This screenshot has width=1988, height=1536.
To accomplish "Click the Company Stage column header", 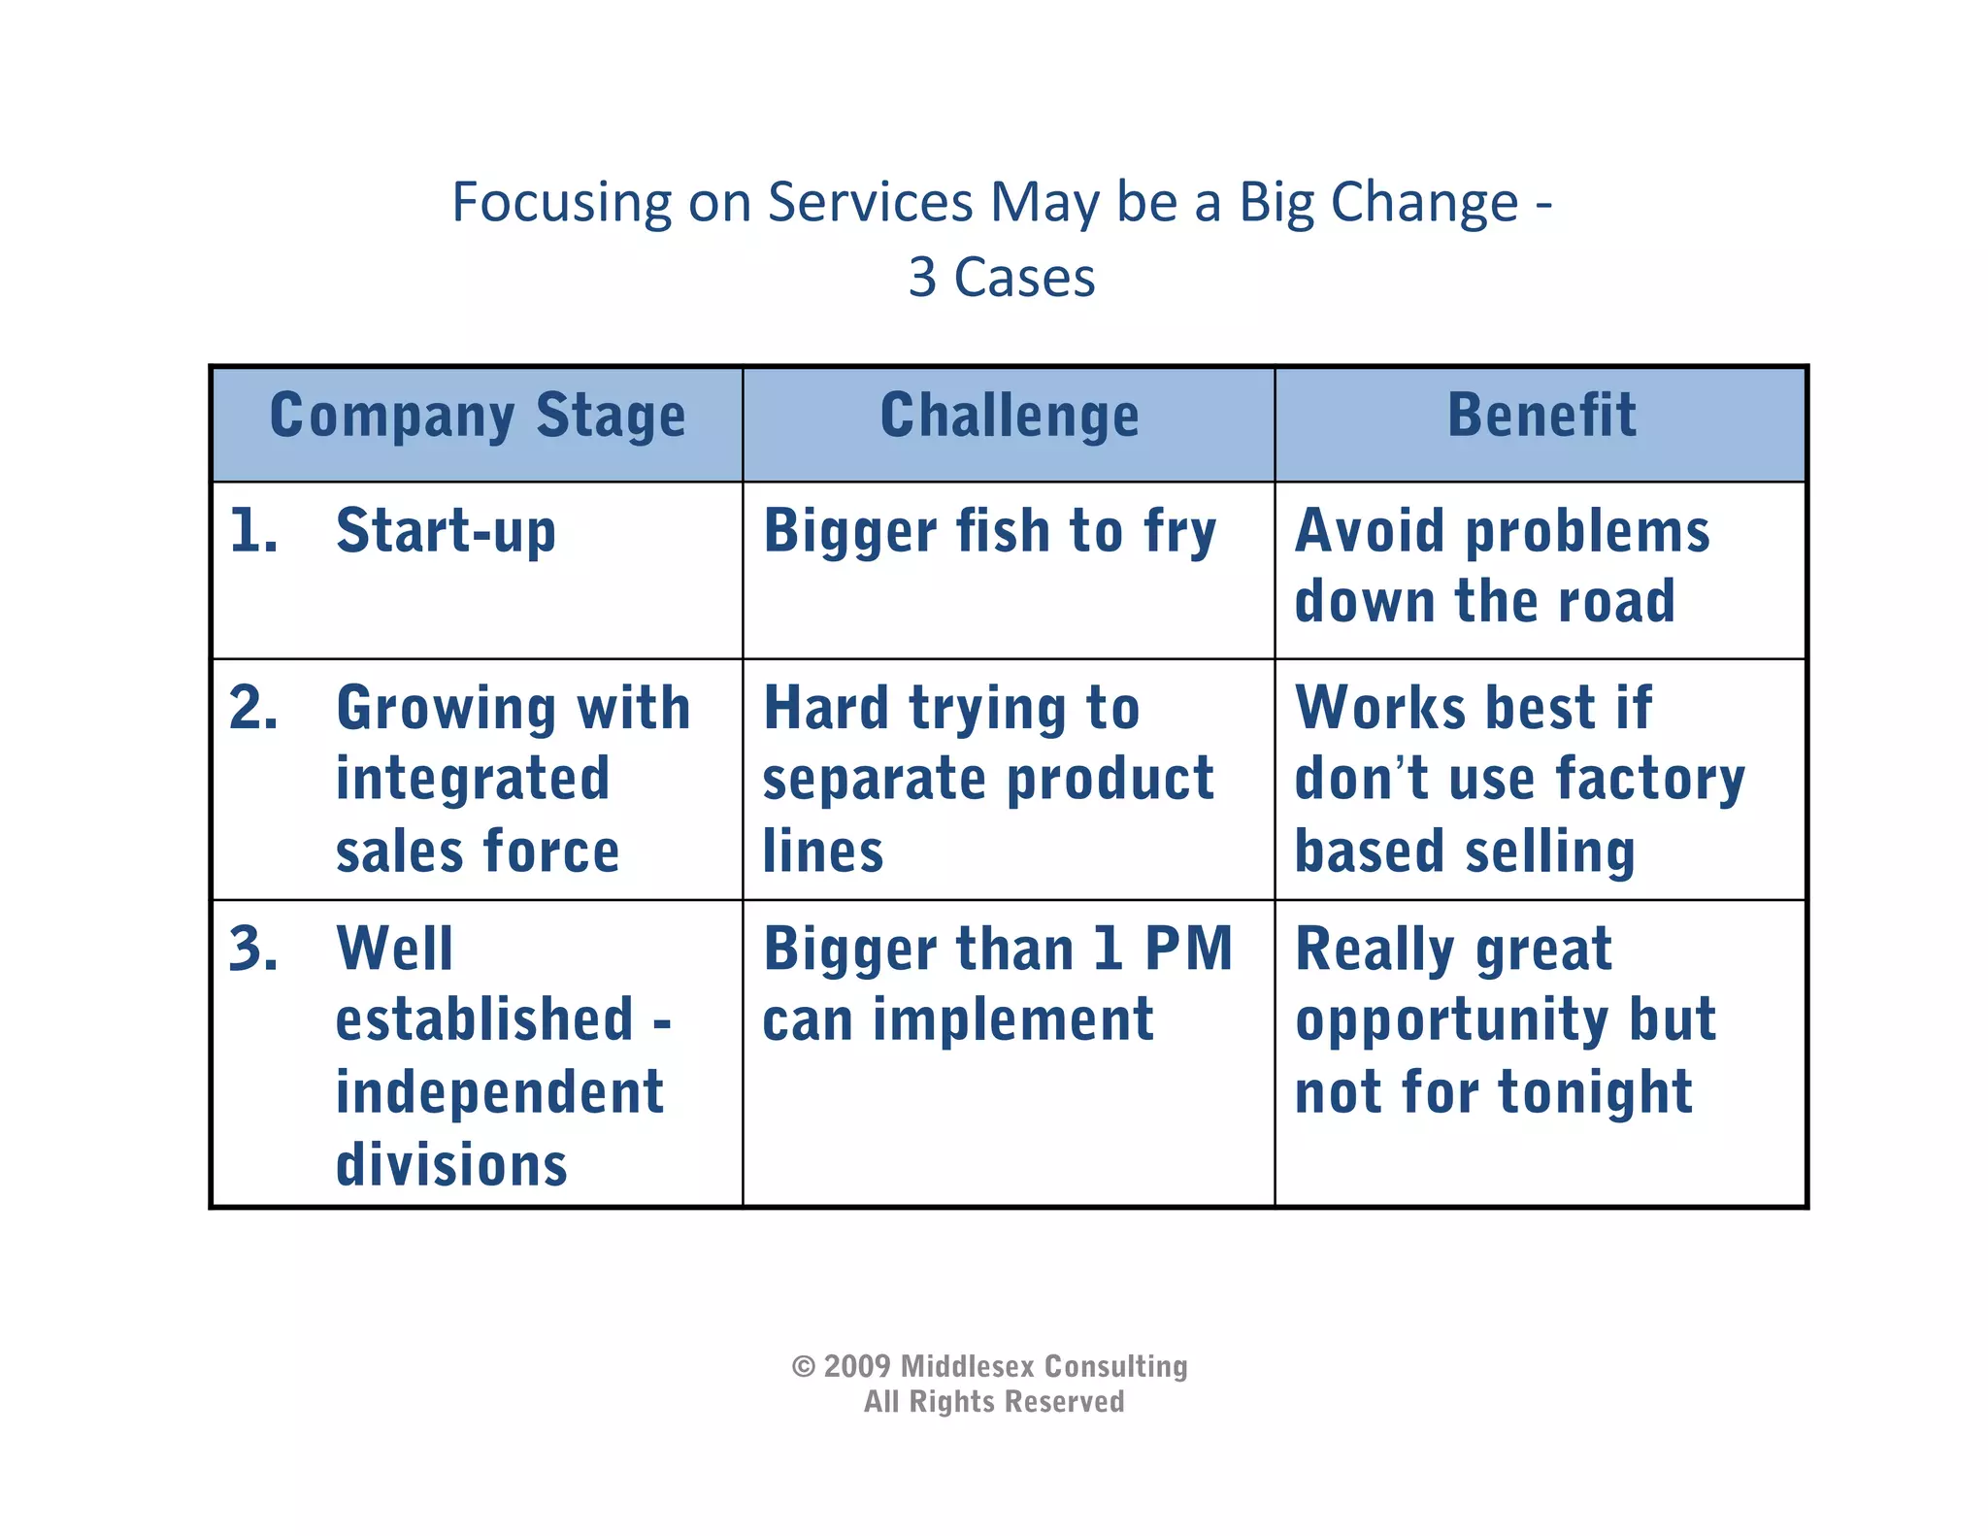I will [x=478, y=417].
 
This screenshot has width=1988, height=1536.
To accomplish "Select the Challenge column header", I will [x=1010, y=417].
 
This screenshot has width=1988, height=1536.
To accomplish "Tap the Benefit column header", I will [x=1541, y=417].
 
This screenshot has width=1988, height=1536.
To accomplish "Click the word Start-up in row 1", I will [x=446, y=532].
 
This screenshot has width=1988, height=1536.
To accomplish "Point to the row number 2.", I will [x=253, y=708].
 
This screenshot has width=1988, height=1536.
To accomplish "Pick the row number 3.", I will [x=253, y=949].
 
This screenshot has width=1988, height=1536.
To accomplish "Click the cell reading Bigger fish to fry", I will [x=989, y=532].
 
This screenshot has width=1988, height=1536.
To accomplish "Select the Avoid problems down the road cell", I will [x=1502, y=566].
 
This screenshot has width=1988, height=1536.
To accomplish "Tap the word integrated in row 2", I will [x=473, y=779].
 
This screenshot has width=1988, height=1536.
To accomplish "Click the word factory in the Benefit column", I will [x=1650, y=779].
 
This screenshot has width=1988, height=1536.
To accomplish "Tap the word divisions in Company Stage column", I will [x=451, y=1164].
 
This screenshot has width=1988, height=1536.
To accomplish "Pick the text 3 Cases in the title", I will [x=1002, y=278].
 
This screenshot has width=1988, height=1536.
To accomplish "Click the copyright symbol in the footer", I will [x=804, y=1367].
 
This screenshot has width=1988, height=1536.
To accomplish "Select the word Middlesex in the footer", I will [x=968, y=1366].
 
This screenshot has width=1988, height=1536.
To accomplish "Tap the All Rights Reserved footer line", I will [x=994, y=1402].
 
